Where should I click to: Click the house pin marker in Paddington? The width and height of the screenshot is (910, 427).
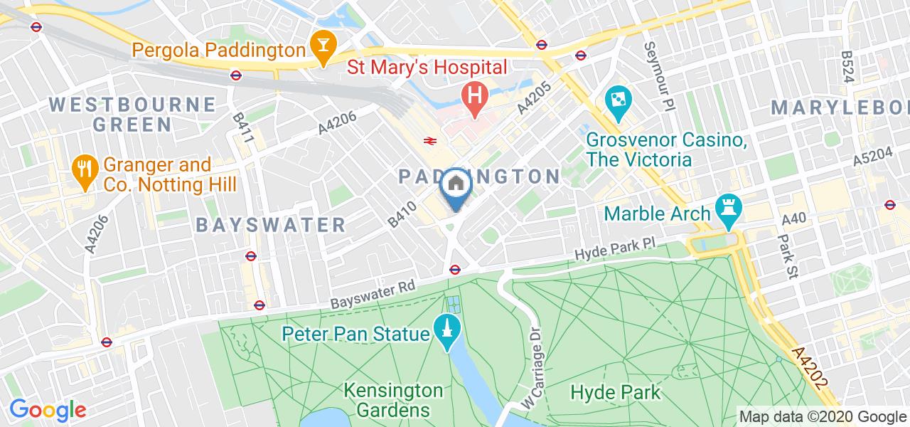[x=455, y=186]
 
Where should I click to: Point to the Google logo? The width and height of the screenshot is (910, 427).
[x=47, y=411]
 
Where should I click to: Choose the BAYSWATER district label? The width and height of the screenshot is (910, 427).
[x=271, y=226]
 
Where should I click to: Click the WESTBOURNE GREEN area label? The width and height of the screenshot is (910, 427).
[x=133, y=115]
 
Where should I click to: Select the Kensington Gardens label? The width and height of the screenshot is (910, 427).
[x=393, y=401]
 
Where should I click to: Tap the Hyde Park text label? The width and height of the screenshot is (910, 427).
[x=616, y=392]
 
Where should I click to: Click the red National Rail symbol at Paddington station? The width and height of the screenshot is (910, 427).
[x=430, y=140]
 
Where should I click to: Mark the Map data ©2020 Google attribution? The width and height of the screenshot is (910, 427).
[x=823, y=416]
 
